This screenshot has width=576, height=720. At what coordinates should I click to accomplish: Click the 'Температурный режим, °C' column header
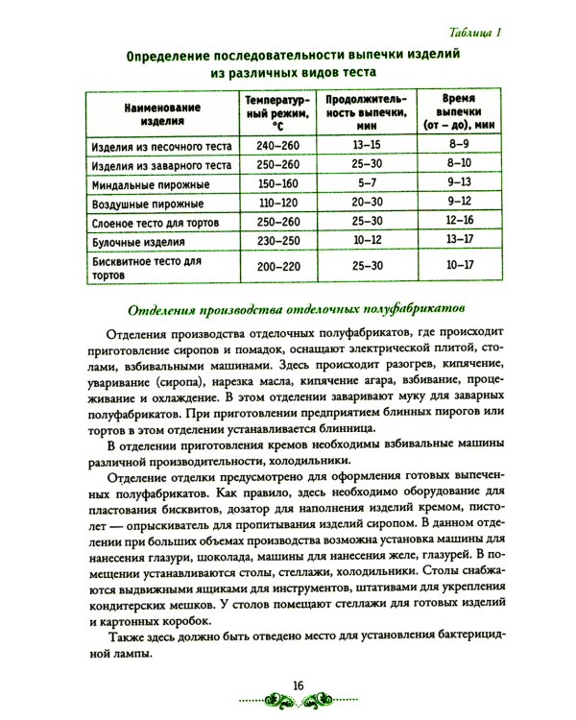276,113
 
